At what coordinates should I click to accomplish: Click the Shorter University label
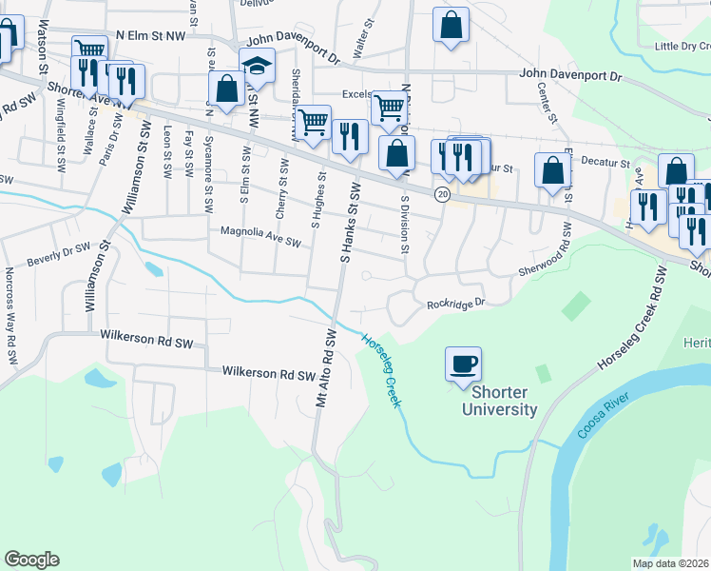tap(499, 401)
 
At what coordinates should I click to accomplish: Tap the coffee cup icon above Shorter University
tap(463, 364)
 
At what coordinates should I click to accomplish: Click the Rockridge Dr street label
tap(456, 305)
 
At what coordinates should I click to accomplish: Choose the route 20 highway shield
tap(442, 193)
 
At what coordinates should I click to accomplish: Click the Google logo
tap(31, 559)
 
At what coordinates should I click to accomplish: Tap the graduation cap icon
tap(257, 67)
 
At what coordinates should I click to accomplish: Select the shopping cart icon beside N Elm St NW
tap(89, 49)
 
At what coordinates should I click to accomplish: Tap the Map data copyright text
tap(671, 563)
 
